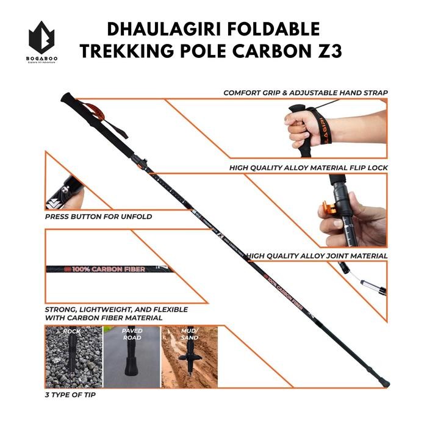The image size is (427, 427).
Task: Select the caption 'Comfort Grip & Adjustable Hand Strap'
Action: [305, 93]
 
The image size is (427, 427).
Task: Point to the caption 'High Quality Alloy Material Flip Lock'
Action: [308, 167]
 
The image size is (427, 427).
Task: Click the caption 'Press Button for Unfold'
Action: [98, 217]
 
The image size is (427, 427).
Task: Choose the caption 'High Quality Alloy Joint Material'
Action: [317, 256]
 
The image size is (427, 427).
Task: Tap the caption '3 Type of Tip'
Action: [70, 395]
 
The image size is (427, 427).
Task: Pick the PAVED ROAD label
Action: [132, 334]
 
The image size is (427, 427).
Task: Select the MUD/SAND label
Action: [189, 334]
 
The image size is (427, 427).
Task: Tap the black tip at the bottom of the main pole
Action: [385, 383]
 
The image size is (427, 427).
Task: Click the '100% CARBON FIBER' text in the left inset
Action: [109, 269]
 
